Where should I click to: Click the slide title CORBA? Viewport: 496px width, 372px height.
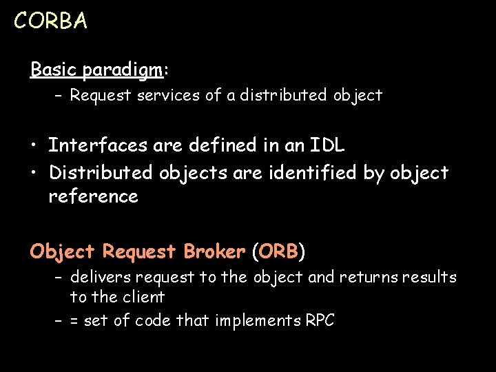click(x=50, y=21)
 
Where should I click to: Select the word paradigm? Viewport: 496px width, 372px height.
click(x=122, y=70)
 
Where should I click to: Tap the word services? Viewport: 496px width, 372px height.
click(x=169, y=95)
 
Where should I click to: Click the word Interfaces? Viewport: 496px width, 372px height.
click(x=97, y=145)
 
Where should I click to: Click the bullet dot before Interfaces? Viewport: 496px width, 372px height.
click(x=34, y=146)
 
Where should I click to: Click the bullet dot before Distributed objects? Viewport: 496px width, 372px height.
click(x=34, y=172)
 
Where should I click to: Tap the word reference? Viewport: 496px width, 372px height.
click(x=93, y=196)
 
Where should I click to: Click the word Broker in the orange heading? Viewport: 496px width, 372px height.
click(x=214, y=251)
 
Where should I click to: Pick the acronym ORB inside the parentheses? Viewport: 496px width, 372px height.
click(x=278, y=251)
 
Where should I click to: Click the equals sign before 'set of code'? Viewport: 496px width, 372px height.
click(x=74, y=321)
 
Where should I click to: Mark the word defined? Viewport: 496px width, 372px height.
click(x=209, y=145)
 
